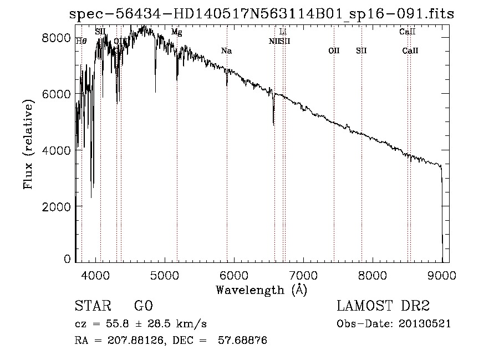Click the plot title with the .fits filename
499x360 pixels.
261,14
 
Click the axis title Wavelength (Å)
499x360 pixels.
261,290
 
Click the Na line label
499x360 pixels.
226,51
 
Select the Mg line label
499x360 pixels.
176,33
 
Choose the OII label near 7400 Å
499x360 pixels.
334,51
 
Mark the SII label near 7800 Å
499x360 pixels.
361,51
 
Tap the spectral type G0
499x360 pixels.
143,306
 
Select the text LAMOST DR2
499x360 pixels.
383,306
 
